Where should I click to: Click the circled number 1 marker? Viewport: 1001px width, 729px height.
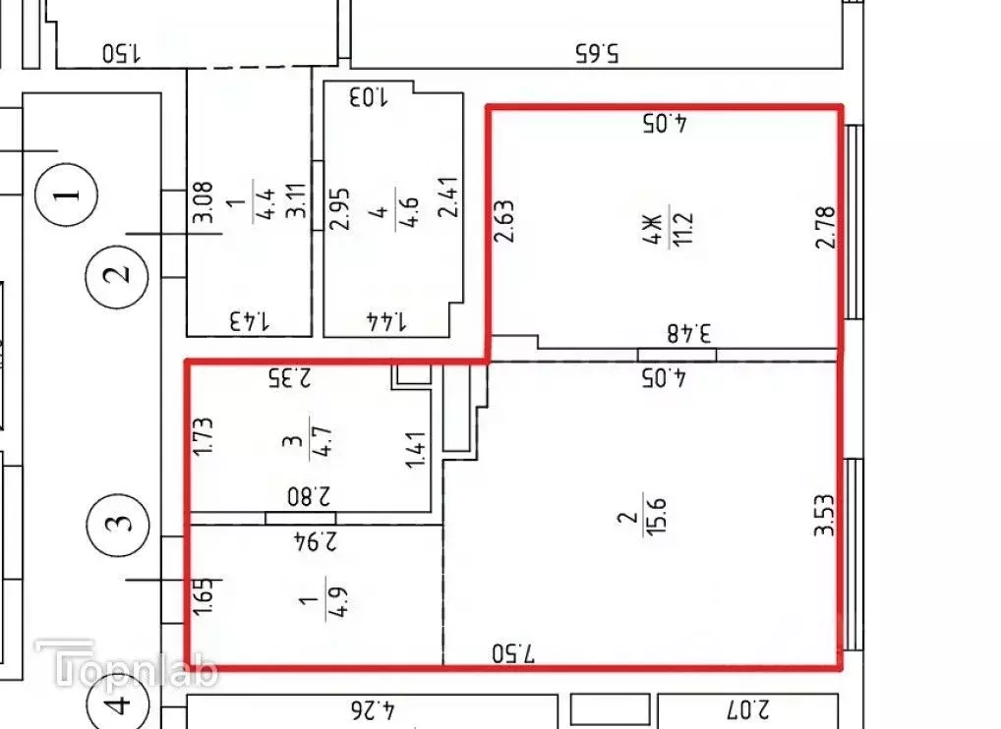click(x=67, y=194)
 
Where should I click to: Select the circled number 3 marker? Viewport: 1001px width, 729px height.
click(x=117, y=525)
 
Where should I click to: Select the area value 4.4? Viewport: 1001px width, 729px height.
click(x=265, y=204)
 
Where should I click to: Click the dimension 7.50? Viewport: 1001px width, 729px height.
click(x=513, y=653)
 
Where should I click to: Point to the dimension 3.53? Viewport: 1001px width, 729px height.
click(x=824, y=515)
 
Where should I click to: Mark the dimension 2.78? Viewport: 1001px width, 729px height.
click(x=825, y=226)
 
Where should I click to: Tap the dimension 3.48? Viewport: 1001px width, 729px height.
click(x=689, y=333)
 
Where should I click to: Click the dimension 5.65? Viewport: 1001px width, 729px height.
click(x=598, y=53)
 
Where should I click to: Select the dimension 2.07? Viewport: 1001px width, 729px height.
click(x=746, y=709)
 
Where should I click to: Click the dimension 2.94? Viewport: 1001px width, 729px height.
click(x=315, y=540)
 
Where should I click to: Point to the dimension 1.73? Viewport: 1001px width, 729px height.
click(x=203, y=437)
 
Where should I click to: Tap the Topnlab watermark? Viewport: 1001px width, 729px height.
click(x=127, y=664)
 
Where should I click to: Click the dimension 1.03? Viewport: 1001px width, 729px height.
click(x=368, y=97)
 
